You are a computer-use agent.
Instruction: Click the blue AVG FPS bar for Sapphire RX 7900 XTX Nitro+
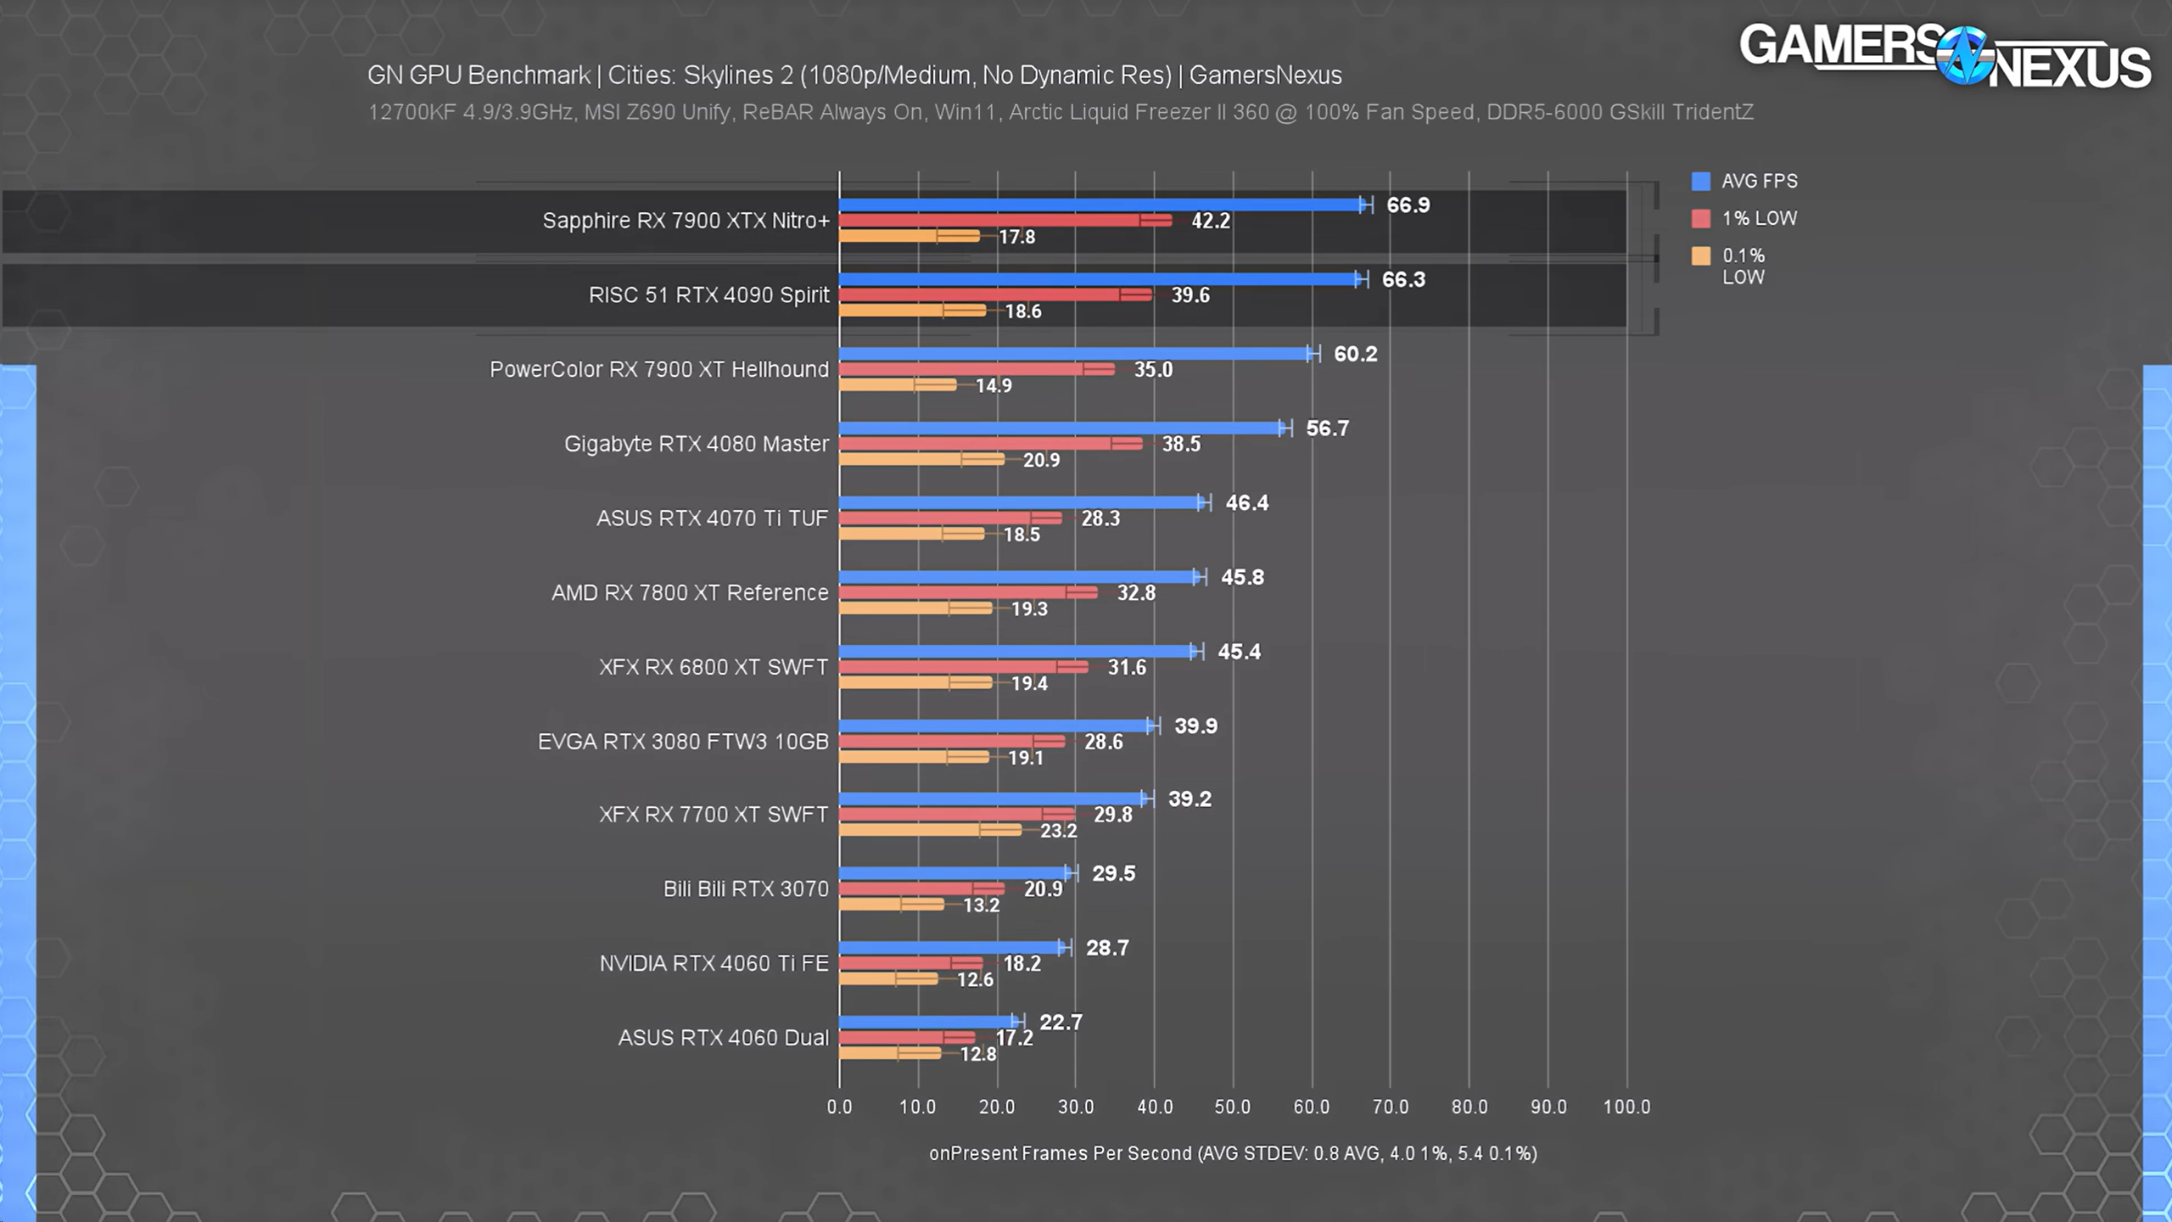pyautogui.click(x=1103, y=205)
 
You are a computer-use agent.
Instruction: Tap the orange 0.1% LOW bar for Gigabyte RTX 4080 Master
pyautogui.click(x=921, y=459)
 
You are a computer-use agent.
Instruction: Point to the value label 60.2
pyautogui.click(x=1355, y=354)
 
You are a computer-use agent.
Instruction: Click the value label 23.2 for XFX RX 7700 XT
pyautogui.click(x=1058, y=831)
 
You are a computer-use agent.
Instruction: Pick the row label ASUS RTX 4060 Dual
pyautogui.click(x=723, y=1038)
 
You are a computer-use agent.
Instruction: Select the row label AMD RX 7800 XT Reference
pyautogui.click(x=690, y=592)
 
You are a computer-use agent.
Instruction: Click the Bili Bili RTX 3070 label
pyautogui.click(x=746, y=888)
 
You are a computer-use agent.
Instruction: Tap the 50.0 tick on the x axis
pyautogui.click(x=1232, y=1107)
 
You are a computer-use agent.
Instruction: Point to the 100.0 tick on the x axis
pyautogui.click(x=1626, y=1107)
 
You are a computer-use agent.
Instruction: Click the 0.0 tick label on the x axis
pyautogui.click(x=839, y=1107)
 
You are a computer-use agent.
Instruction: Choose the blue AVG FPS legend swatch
pyautogui.click(x=1700, y=182)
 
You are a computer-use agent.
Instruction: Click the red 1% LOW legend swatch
pyautogui.click(x=1700, y=219)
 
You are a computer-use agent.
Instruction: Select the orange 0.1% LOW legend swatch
pyautogui.click(x=1700, y=256)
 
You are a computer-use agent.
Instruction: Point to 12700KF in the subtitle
pyautogui.click(x=411, y=112)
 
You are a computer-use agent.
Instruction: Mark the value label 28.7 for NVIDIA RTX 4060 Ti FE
pyautogui.click(x=1107, y=948)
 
